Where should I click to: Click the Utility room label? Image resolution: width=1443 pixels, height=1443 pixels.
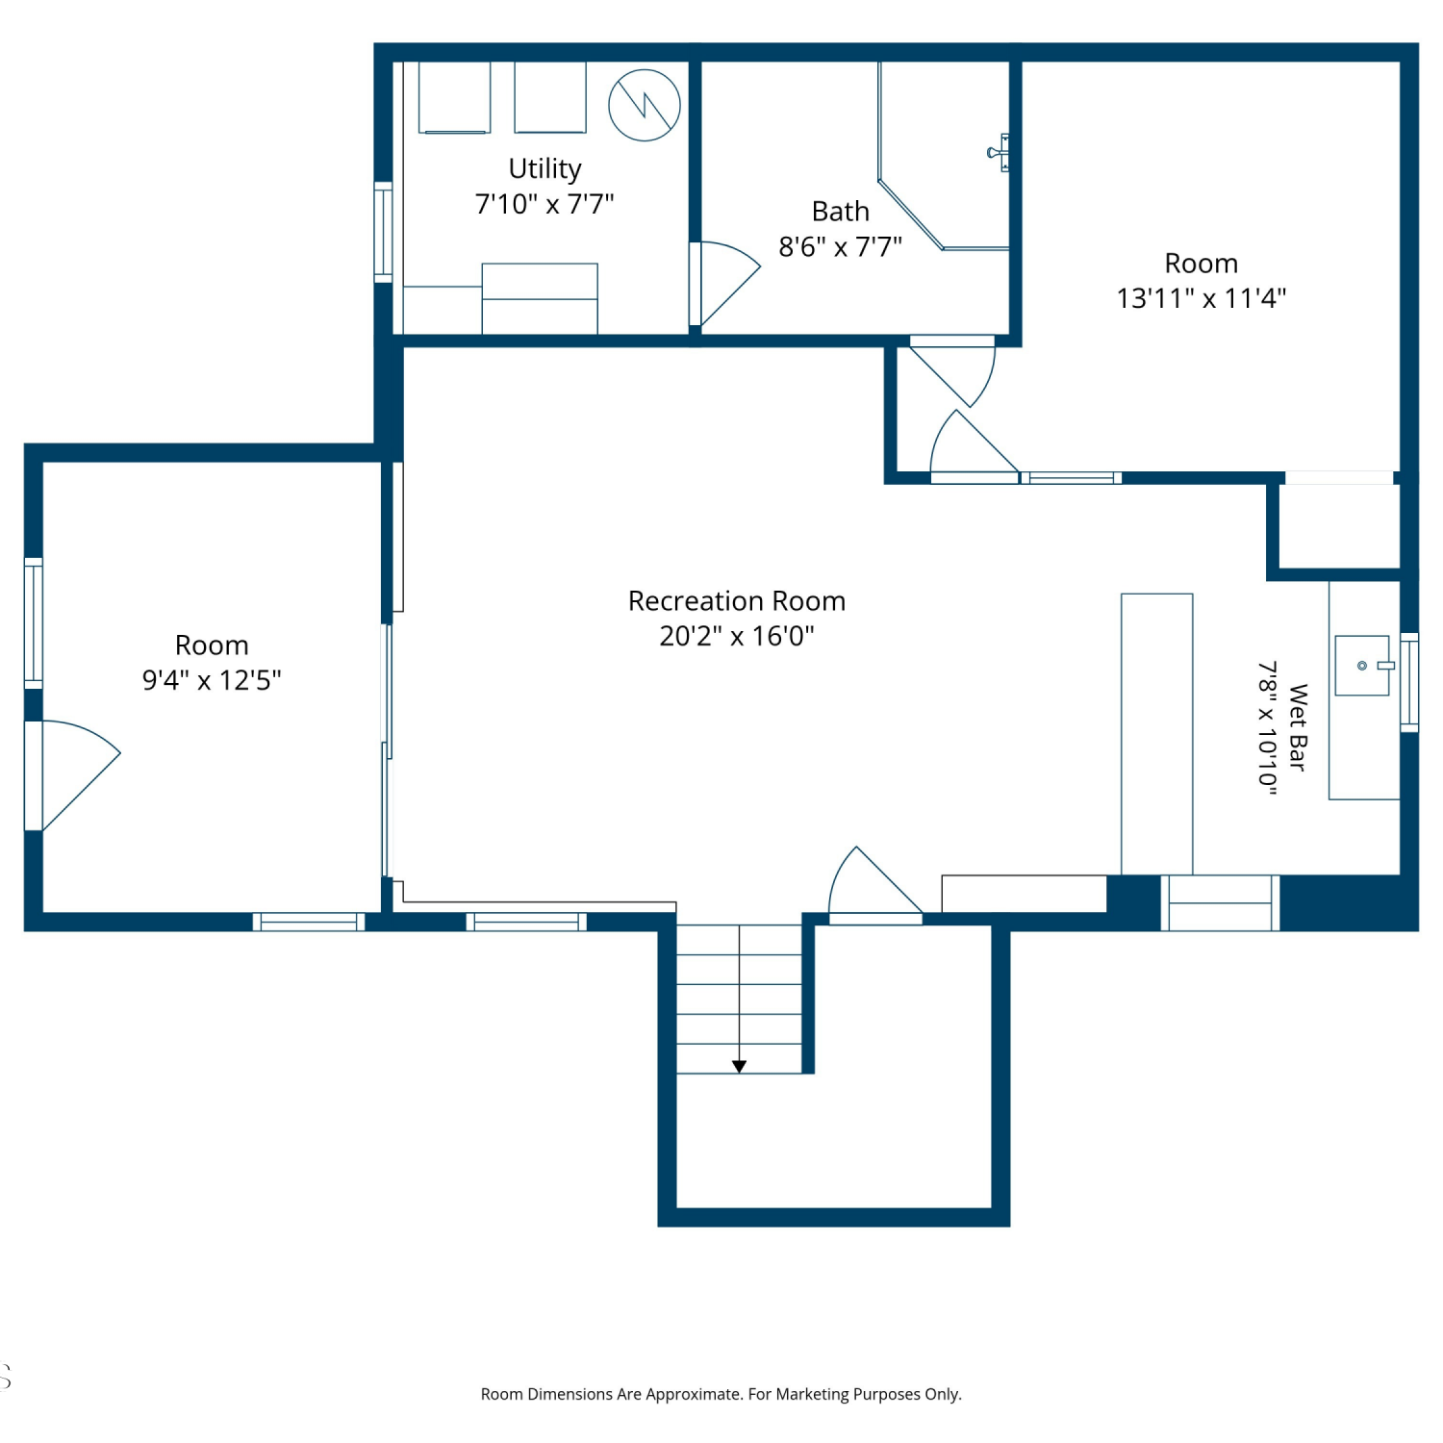tap(544, 169)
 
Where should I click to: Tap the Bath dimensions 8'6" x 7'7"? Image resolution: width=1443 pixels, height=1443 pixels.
tap(840, 247)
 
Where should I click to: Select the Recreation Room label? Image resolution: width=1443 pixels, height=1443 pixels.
tap(737, 601)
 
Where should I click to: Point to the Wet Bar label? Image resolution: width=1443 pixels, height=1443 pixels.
tap(1298, 728)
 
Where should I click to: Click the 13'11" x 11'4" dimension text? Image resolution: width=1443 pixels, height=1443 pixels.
tap(1201, 298)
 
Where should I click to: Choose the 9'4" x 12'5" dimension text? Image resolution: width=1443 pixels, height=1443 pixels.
tap(212, 680)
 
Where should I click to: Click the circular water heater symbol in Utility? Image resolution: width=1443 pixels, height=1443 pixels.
tap(645, 105)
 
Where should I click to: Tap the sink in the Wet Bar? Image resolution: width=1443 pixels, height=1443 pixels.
tap(1362, 665)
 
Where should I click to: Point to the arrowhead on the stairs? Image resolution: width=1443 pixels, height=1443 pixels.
tap(739, 1066)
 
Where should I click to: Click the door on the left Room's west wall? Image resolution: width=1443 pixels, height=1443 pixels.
tap(73, 775)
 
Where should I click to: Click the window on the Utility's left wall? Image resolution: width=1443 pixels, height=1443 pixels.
tap(383, 232)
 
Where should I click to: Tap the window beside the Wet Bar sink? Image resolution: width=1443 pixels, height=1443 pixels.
tap(1409, 682)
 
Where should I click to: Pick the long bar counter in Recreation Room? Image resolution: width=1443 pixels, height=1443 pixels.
tap(1157, 734)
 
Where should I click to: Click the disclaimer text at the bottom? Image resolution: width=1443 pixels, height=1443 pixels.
tap(721, 1394)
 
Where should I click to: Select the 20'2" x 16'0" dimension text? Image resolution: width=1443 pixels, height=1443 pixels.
tap(737, 636)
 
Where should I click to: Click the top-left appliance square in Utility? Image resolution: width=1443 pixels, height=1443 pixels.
tap(454, 97)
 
